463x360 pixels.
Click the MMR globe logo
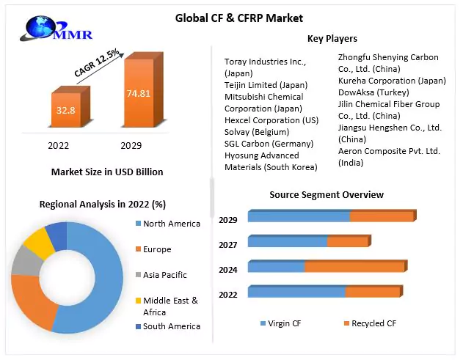56,29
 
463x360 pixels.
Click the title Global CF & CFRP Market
239,18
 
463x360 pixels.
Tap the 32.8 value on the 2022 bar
66,111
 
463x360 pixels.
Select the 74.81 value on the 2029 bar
139,94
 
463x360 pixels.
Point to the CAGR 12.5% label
97,63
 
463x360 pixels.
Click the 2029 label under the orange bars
131,145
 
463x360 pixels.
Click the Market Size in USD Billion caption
107,172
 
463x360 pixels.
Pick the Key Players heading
332,39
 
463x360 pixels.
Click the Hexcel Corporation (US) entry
271,120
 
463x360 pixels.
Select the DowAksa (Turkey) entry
373,92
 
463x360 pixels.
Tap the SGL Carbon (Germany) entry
269,144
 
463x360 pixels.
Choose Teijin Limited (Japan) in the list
266,85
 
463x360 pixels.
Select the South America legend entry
168,326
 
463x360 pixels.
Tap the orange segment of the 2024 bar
354,267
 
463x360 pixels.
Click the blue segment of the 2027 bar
288,242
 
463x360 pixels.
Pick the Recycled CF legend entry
370,323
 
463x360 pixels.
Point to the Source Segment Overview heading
327,195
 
